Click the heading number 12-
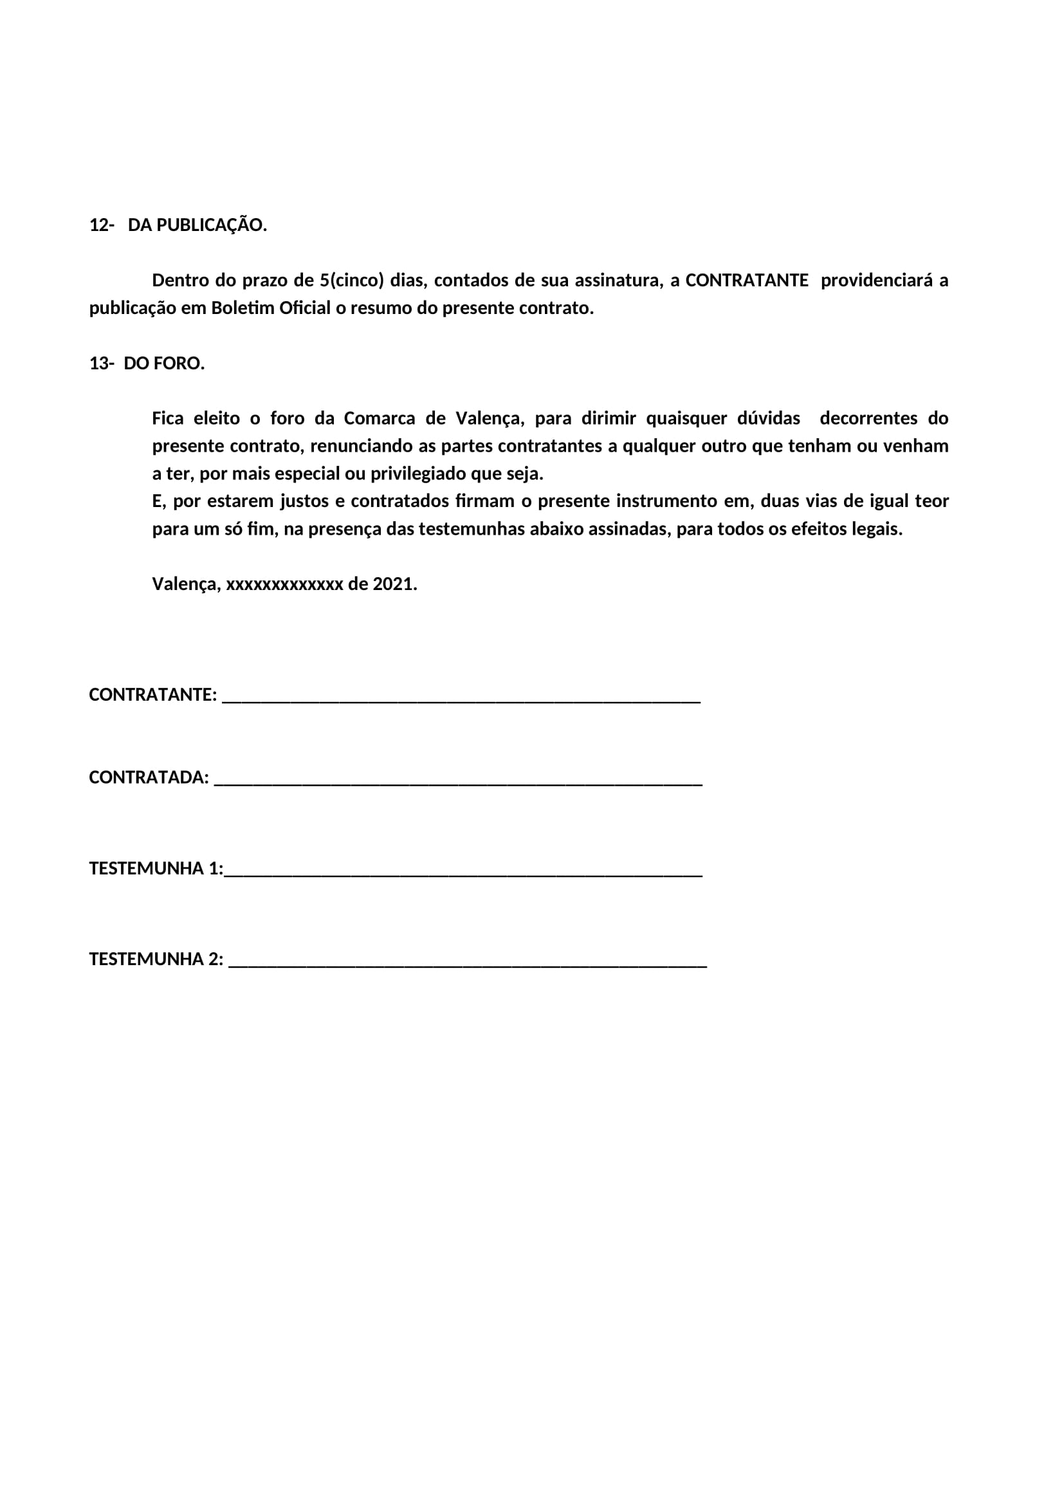tap(102, 225)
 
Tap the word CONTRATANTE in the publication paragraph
tap(747, 281)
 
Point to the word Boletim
tap(243, 308)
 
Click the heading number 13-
tap(102, 364)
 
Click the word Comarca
tap(380, 418)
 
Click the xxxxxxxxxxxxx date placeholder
tap(284, 584)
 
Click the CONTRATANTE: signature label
tap(152, 695)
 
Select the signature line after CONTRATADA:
tap(458, 782)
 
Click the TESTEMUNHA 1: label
tap(156, 869)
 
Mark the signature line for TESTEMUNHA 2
tap(468, 965)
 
